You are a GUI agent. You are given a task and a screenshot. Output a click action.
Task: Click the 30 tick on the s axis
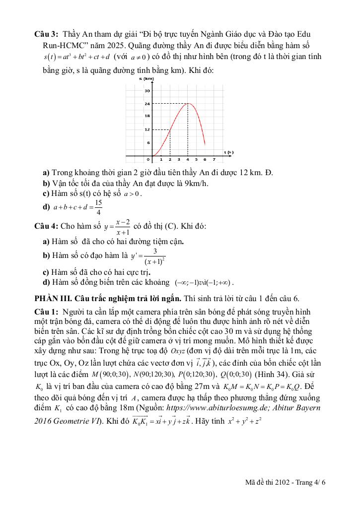pyautogui.click(x=147, y=91)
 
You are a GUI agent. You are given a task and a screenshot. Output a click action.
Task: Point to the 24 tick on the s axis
pyautogui.click(x=147, y=104)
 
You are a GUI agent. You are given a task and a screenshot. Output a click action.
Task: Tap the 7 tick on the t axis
pyautogui.click(x=214, y=160)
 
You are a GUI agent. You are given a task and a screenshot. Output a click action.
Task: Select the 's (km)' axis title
pyautogui.click(x=146, y=79)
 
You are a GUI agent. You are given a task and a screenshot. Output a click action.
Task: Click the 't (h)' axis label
pyautogui.click(x=228, y=152)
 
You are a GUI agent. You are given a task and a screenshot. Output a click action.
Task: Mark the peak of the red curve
pyautogui.click(x=188, y=103)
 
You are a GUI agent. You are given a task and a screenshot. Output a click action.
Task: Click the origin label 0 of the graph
pyautogui.click(x=148, y=160)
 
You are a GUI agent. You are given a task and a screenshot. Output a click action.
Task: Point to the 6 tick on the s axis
pyautogui.click(x=148, y=142)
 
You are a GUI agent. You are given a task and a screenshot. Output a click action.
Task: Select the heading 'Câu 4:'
pyautogui.click(x=46, y=226)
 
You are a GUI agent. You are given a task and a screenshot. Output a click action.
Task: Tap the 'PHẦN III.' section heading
pyautogui.click(x=52, y=299)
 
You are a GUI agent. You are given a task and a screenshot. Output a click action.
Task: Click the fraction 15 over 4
pyautogui.click(x=98, y=206)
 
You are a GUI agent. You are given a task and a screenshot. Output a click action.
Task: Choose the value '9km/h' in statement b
pyautogui.click(x=197, y=183)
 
